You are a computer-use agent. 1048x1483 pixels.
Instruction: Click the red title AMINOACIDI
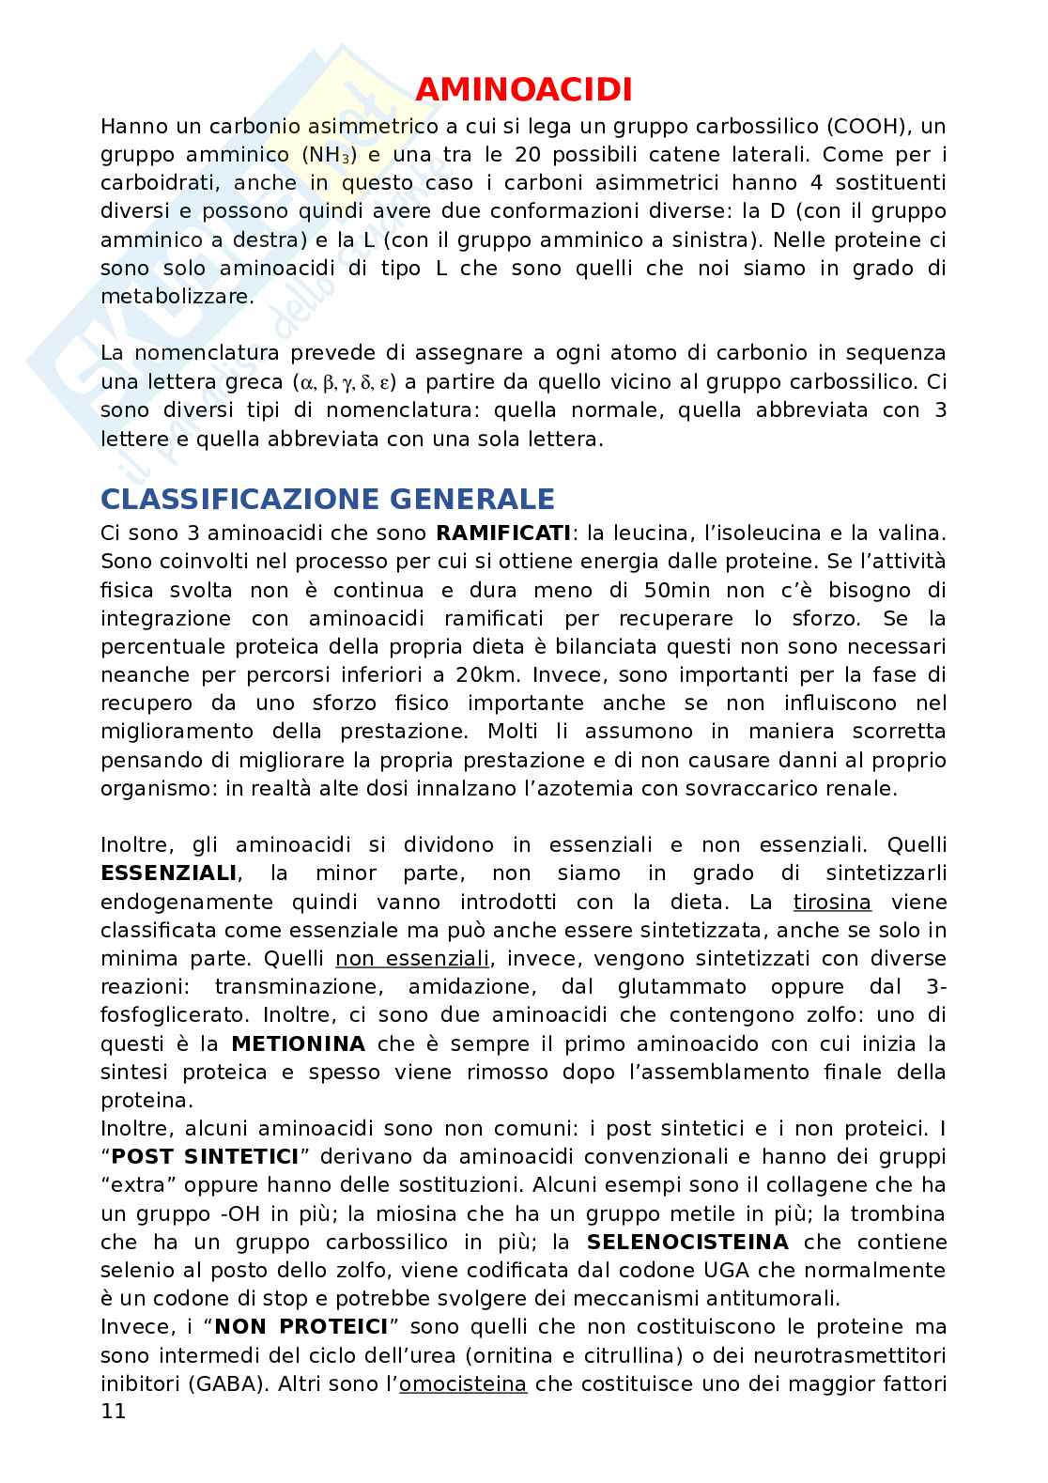[x=523, y=89]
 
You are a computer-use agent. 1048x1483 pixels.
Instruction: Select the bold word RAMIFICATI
[x=503, y=533]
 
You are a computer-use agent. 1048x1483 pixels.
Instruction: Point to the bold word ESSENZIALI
[x=169, y=873]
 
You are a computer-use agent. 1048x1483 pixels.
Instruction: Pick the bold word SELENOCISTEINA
[x=687, y=1242]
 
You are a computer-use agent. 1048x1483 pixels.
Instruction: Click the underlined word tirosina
[x=832, y=903]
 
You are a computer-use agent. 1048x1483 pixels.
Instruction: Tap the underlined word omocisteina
[x=462, y=1383]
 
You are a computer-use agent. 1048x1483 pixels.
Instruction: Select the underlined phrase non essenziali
[x=412, y=959]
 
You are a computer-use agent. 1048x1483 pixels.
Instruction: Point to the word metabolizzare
[x=176, y=297]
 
